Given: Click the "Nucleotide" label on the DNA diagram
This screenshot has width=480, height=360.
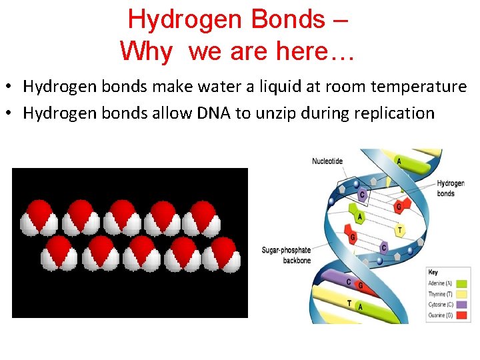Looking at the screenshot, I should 327,161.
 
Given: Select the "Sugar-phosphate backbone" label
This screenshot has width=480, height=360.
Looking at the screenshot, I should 287,255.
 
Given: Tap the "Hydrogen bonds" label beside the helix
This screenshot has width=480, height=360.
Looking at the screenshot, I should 451,188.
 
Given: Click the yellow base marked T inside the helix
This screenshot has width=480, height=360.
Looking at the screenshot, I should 399,230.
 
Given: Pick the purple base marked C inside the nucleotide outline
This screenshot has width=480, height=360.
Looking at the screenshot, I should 362,195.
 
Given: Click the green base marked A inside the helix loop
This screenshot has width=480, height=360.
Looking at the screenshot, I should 360,217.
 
